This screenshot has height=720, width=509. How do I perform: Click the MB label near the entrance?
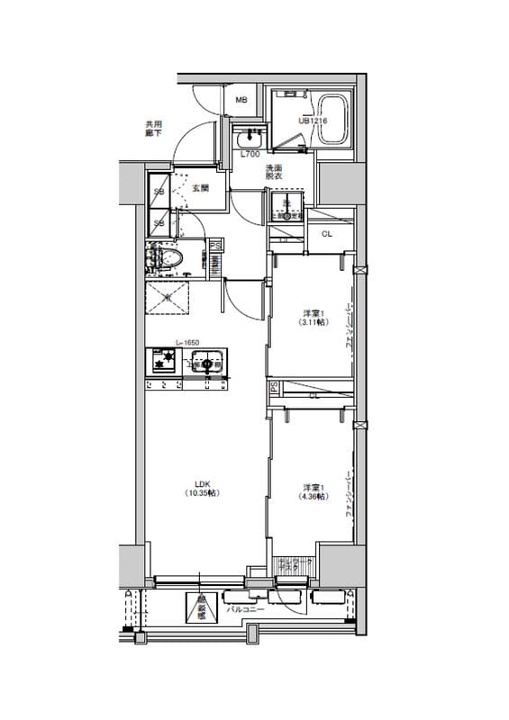point(241,99)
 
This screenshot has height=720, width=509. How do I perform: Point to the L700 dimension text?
point(250,156)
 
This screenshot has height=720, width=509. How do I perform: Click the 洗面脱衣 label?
point(274,173)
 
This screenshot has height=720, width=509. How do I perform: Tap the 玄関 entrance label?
point(200,188)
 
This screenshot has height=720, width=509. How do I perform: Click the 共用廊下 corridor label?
point(154,128)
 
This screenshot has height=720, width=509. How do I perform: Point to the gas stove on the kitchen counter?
point(164,364)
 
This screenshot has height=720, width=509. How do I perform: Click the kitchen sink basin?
point(206,364)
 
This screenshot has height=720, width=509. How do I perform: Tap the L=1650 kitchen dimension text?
point(187,343)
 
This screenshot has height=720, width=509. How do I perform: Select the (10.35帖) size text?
point(204,493)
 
